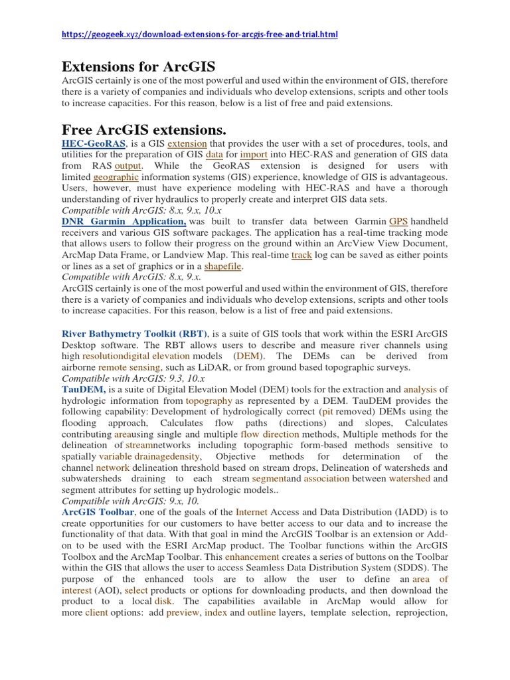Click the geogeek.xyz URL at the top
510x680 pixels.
(x=200, y=34)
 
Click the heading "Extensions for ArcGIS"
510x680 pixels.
(x=138, y=66)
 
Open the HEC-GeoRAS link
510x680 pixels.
(x=92, y=143)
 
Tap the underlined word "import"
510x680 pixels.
(x=254, y=154)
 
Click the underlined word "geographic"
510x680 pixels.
(x=116, y=177)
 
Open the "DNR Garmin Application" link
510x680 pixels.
(x=124, y=221)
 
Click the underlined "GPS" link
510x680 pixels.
(x=398, y=221)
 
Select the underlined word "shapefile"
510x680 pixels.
(x=222, y=266)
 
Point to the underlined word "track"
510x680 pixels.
(x=301, y=255)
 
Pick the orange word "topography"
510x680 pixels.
(x=209, y=401)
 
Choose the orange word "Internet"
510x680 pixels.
(x=252, y=513)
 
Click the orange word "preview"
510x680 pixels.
(x=183, y=612)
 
